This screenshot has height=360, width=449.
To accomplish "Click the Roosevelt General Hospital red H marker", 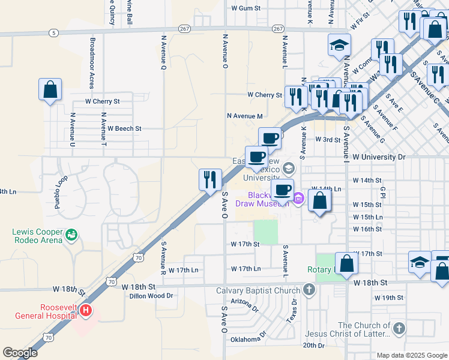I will click(x=86, y=310).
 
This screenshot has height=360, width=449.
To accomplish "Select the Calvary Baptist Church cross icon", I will click(x=309, y=291).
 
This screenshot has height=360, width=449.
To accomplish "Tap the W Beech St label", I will click(x=124, y=128).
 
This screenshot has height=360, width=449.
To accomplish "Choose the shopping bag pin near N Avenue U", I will click(x=50, y=90).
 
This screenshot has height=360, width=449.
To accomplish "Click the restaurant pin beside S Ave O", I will click(x=210, y=180).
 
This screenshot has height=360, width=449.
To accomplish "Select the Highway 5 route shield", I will click(x=54, y=33).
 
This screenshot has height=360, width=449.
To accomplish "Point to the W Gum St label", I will click(x=246, y=8).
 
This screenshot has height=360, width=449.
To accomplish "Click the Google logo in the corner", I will click(x=20, y=353).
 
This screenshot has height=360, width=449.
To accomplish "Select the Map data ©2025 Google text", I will click(x=411, y=355).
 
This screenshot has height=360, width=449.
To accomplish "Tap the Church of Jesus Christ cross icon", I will click(x=399, y=328).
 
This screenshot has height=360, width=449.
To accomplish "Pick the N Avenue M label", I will click(x=245, y=116).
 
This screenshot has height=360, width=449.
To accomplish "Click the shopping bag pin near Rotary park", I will click(x=346, y=263).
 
